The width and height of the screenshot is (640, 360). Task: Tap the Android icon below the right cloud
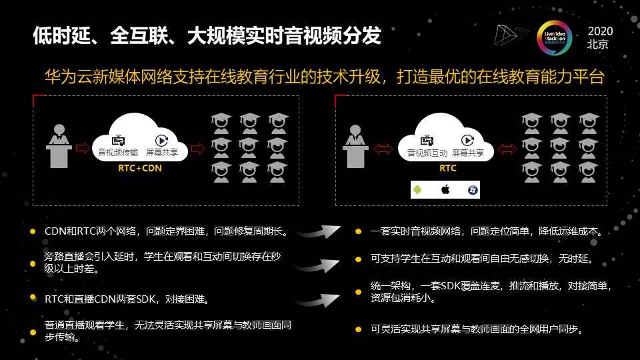(418, 190)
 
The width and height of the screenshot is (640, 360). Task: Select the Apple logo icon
(445, 190)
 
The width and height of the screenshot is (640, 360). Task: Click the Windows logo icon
(472, 190)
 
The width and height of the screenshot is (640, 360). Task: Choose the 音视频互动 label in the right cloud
(427, 153)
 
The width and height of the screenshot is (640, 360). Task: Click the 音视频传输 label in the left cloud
(118, 153)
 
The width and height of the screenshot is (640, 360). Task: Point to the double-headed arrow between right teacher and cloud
(384, 149)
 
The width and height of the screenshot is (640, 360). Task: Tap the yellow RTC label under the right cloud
(447, 169)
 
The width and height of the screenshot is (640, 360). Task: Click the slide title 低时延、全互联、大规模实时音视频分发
(207, 36)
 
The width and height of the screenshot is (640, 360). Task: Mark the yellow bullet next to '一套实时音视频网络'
(358, 232)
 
